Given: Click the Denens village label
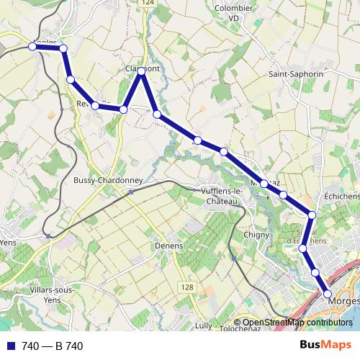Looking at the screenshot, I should (x=168, y=245).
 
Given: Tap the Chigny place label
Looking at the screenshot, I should (x=256, y=235).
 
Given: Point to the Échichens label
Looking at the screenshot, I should (x=341, y=196).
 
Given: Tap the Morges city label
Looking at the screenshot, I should (x=346, y=301).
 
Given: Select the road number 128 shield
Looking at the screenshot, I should (x=187, y=287).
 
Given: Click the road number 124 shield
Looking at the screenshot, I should (x=148, y=4).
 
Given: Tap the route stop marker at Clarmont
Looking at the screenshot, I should (x=142, y=71).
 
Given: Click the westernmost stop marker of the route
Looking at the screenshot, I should (x=32, y=46).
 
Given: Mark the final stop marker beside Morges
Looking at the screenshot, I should (x=328, y=294).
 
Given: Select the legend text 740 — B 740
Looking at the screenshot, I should (x=53, y=346).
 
